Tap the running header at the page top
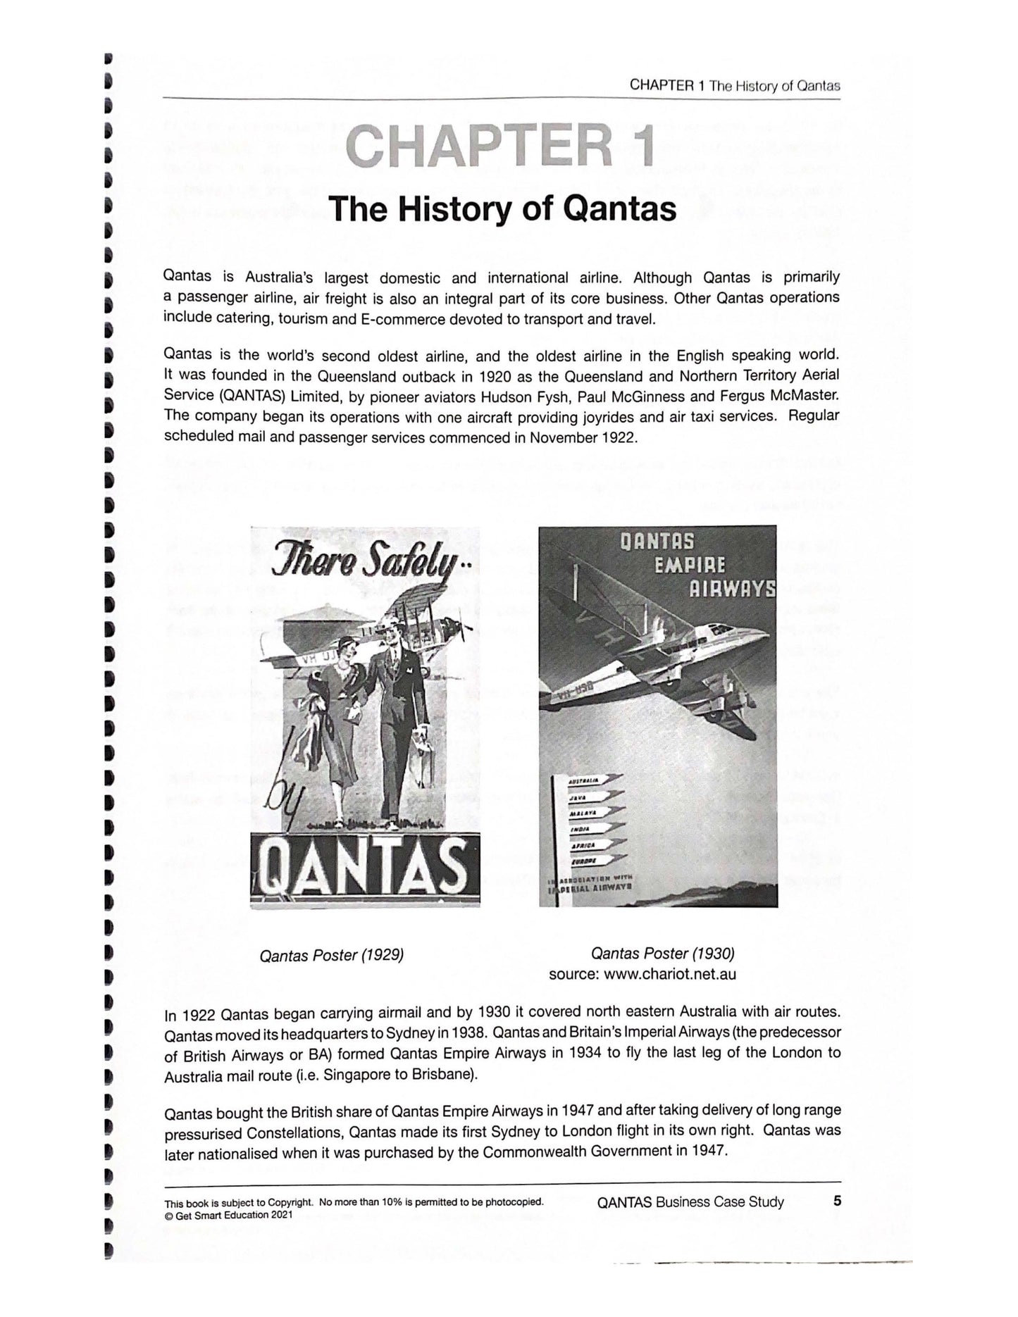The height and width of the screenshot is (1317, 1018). [x=734, y=86]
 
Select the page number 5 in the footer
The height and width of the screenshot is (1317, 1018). [x=836, y=1201]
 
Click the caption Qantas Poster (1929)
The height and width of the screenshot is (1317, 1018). [x=331, y=956]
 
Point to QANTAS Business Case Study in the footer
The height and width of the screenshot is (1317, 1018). [x=690, y=1201]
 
